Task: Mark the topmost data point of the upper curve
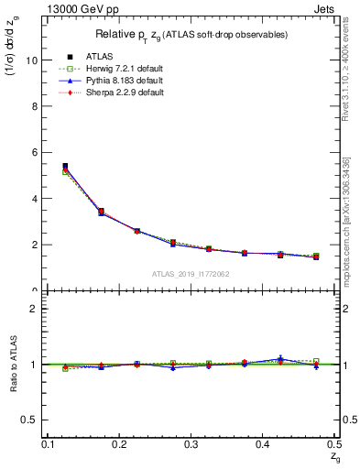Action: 65,167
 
